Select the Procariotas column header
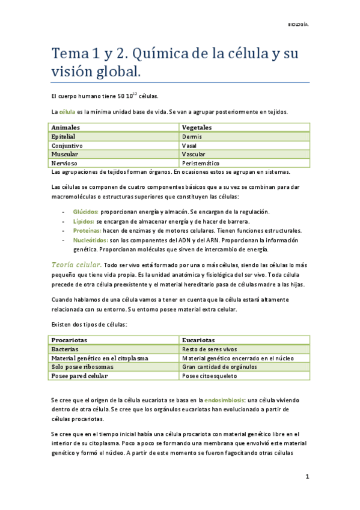click(x=69, y=340)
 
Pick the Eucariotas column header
click(x=198, y=340)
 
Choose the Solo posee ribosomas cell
click(x=80, y=367)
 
